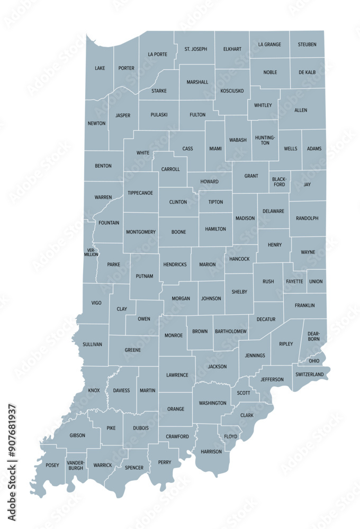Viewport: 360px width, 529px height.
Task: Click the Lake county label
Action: (x=100, y=68)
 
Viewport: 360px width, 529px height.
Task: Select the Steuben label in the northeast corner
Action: (x=307, y=45)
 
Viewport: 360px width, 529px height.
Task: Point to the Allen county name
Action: (x=301, y=110)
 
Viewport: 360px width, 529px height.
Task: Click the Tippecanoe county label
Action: (x=140, y=193)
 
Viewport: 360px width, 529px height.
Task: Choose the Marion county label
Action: (x=208, y=264)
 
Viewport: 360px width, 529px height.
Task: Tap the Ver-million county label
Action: (x=91, y=252)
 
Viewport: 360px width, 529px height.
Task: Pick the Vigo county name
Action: (x=96, y=303)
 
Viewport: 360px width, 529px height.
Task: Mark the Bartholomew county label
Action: (x=231, y=332)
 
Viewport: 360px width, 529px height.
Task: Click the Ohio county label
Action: (x=314, y=361)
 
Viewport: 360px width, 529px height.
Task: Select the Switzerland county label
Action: (x=310, y=375)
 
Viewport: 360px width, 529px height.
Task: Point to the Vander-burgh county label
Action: (x=76, y=466)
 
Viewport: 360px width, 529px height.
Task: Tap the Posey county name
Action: (x=52, y=466)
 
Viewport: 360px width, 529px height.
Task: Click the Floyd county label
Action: (x=230, y=437)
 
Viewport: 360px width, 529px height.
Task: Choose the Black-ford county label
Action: (x=279, y=181)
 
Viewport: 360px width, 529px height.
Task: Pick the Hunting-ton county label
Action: (x=265, y=140)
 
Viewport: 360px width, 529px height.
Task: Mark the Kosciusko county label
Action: (x=232, y=91)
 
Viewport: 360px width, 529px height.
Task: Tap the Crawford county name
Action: (x=177, y=437)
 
